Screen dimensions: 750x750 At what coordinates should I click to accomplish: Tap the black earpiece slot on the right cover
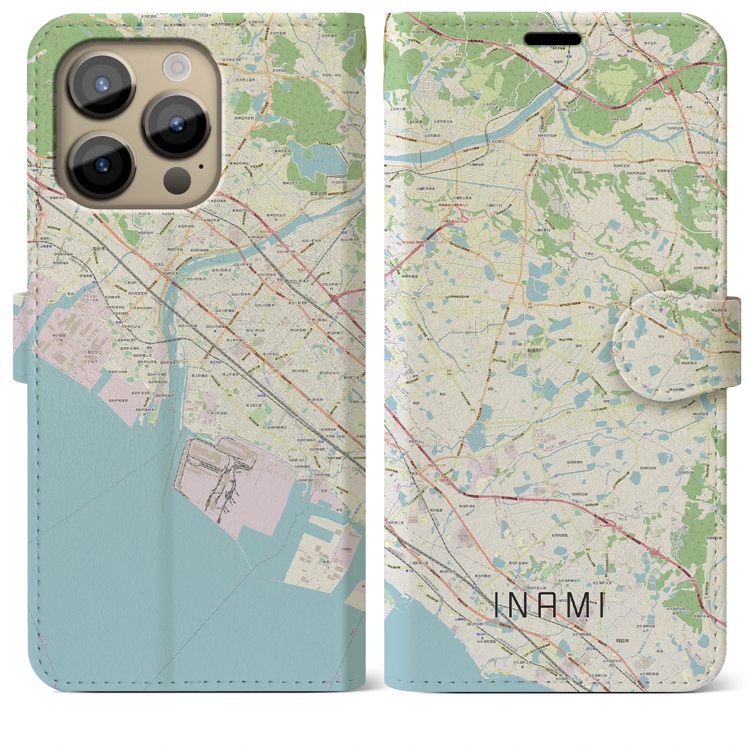click(553, 39)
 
